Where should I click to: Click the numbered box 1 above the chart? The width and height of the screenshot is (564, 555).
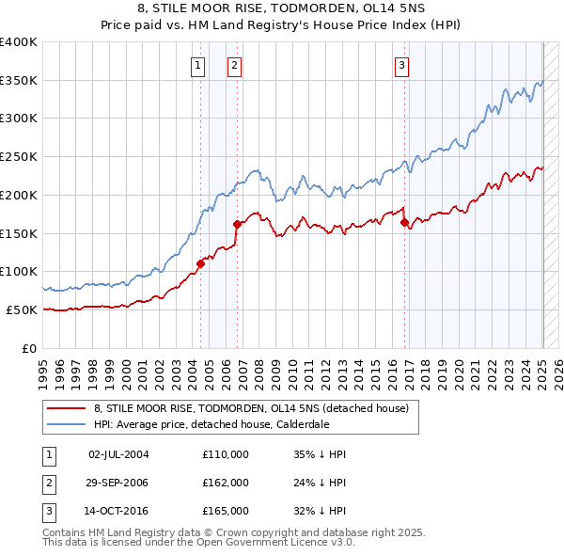[198, 65]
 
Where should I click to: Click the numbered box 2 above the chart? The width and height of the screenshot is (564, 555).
[233, 65]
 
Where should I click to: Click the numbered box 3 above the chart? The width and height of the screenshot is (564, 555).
[401, 65]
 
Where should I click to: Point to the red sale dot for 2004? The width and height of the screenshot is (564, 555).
[200, 263]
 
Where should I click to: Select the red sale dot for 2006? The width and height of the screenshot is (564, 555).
[237, 224]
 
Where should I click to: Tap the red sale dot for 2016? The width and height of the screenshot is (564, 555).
[404, 223]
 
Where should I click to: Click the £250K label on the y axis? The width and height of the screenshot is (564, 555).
[19, 156]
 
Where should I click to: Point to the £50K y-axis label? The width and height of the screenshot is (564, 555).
[23, 309]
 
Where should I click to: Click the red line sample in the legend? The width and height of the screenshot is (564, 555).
[67, 409]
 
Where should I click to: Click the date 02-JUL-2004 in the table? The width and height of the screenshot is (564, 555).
[118, 454]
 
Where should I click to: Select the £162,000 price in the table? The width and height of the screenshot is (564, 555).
[225, 483]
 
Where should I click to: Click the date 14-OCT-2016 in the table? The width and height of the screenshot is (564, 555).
[118, 511]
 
